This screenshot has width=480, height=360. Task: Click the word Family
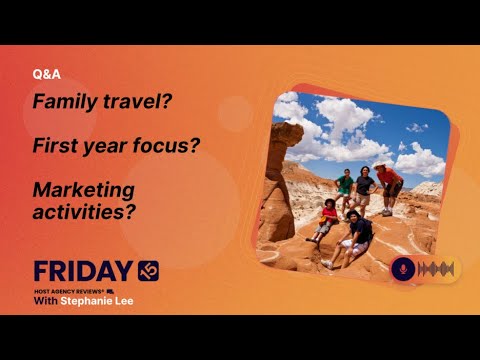63,102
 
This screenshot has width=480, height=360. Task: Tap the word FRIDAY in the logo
82,271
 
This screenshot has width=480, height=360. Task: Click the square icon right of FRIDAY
148,270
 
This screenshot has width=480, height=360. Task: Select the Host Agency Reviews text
70,290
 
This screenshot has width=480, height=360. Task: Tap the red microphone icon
404,269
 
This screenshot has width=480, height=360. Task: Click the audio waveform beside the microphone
438,269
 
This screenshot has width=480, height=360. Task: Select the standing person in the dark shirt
366,190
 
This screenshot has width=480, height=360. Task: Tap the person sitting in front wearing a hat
358,236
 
